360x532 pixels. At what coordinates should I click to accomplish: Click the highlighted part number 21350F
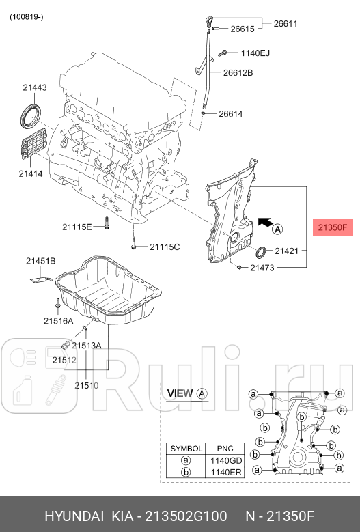coord(332,228)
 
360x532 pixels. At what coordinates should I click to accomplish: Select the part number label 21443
coord(34,87)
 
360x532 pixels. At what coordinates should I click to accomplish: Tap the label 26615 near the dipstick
coord(242,29)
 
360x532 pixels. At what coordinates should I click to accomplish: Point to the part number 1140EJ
coord(256,53)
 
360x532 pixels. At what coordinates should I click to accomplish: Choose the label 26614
coord(230,114)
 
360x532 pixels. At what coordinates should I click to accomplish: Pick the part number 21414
coord(31,174)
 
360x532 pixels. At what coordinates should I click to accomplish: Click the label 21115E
coord(77,226)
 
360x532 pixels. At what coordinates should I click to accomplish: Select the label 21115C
coord(165,246)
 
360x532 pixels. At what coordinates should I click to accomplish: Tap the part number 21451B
coord(41,261)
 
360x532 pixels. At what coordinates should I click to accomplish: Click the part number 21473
coord(262,268)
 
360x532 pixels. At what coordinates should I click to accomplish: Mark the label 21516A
coord(59,320)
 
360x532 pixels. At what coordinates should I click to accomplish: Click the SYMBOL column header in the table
coord(186,449)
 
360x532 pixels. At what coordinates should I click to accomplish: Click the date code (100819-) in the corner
coord(26,17)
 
